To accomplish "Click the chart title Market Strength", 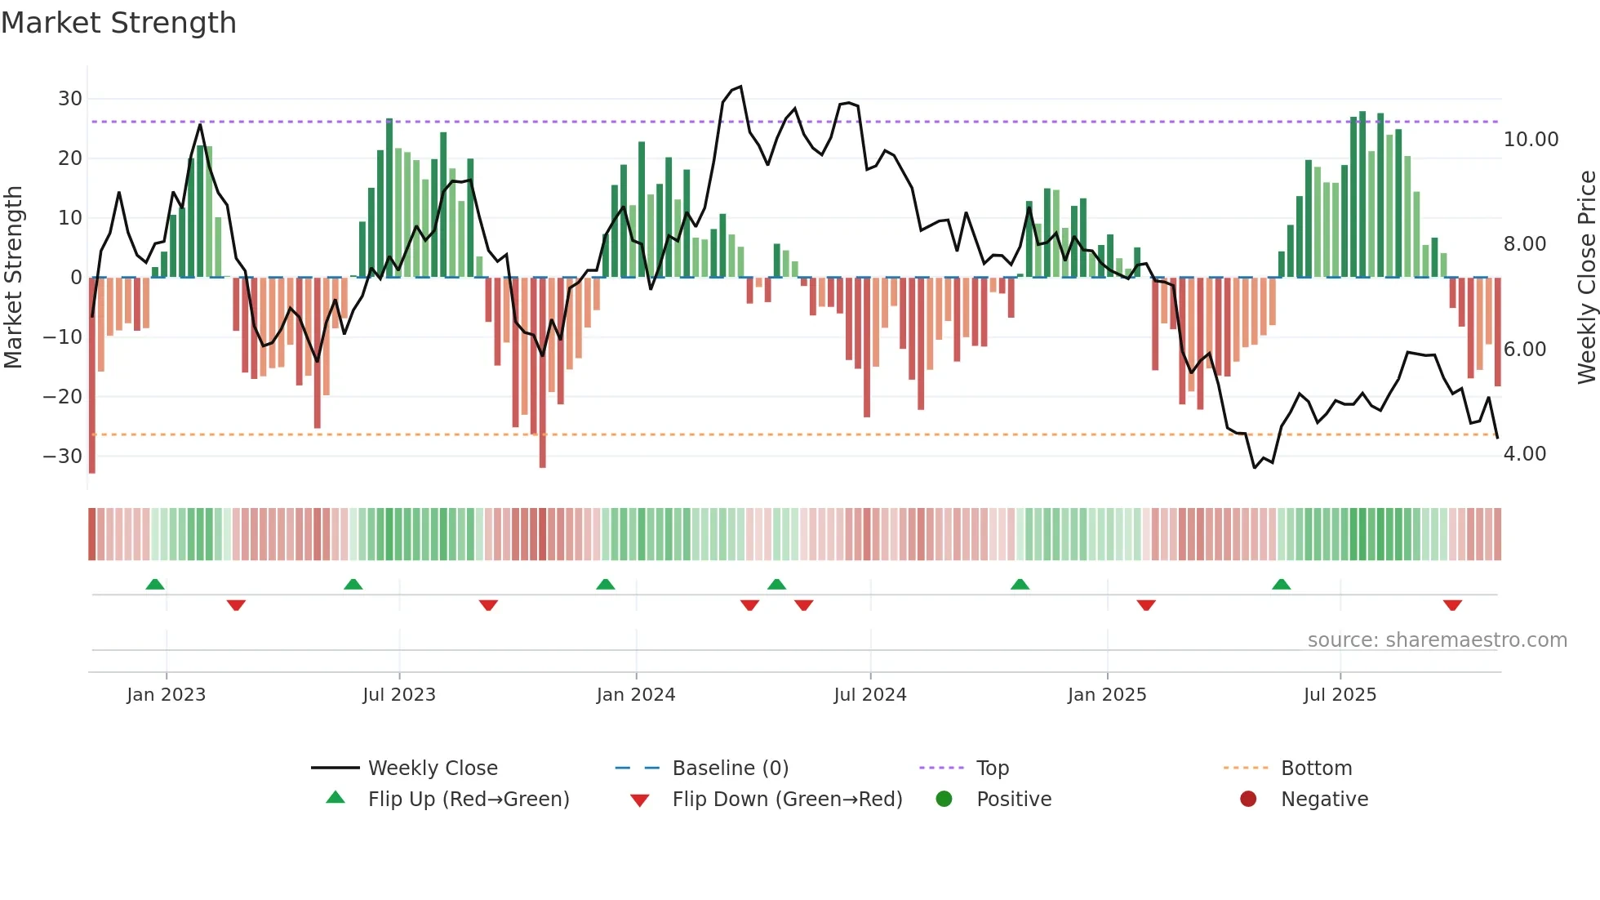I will (118, 23).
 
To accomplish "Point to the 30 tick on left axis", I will (70, 99).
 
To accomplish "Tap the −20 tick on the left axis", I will (63, 397).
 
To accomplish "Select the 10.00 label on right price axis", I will (1531, 140).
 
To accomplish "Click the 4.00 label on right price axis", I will (1524, 454).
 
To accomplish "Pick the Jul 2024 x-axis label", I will (869, 695).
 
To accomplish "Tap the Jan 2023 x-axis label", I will (166, 695).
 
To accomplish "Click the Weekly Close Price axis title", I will (1586, 277).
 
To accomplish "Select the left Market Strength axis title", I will (13, 277).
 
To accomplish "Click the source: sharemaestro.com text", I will (1437, 640).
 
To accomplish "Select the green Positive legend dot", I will (944, 800).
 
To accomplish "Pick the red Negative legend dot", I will (1247, 800).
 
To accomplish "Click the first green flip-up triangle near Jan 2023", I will (154, 585).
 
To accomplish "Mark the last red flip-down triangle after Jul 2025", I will (1451, 605).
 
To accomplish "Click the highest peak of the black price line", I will (740, 87).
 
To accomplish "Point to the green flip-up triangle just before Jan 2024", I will (605, 585).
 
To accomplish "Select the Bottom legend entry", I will (1316, 769).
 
